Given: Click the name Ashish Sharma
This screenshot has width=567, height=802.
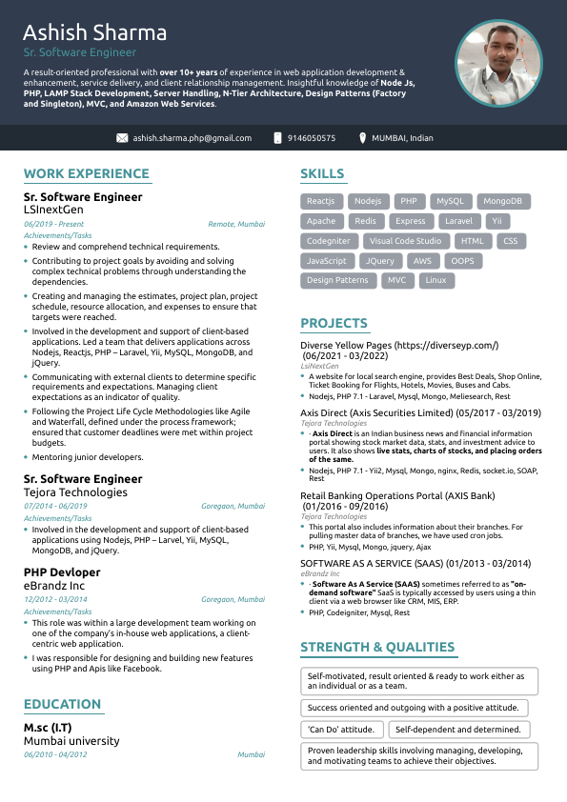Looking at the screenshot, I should coord(95,33).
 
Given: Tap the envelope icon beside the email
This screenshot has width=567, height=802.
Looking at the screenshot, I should coord(122,138).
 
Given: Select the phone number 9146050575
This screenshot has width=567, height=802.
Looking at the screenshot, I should coord(312,138).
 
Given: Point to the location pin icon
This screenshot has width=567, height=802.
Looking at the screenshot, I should coord(363,138).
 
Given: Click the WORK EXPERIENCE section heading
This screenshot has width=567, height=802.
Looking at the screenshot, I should coord(87,173).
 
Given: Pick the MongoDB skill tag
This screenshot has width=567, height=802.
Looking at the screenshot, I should coord(502,202).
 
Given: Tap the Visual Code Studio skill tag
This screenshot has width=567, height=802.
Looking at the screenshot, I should coord(405,242).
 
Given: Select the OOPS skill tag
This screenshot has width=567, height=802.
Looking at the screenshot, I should coord(462,261).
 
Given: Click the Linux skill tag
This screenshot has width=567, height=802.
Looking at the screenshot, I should coord(435,281).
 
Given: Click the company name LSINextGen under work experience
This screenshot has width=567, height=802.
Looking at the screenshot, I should coord(53,209).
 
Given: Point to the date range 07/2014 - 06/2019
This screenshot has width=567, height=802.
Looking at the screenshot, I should coord(55,507).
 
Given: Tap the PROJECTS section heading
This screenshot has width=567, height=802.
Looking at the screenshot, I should coord(334,323).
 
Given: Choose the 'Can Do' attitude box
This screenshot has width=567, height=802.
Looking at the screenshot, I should coord(342,730).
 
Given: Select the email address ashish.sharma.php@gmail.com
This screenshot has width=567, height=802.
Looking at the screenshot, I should coord(192,138).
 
